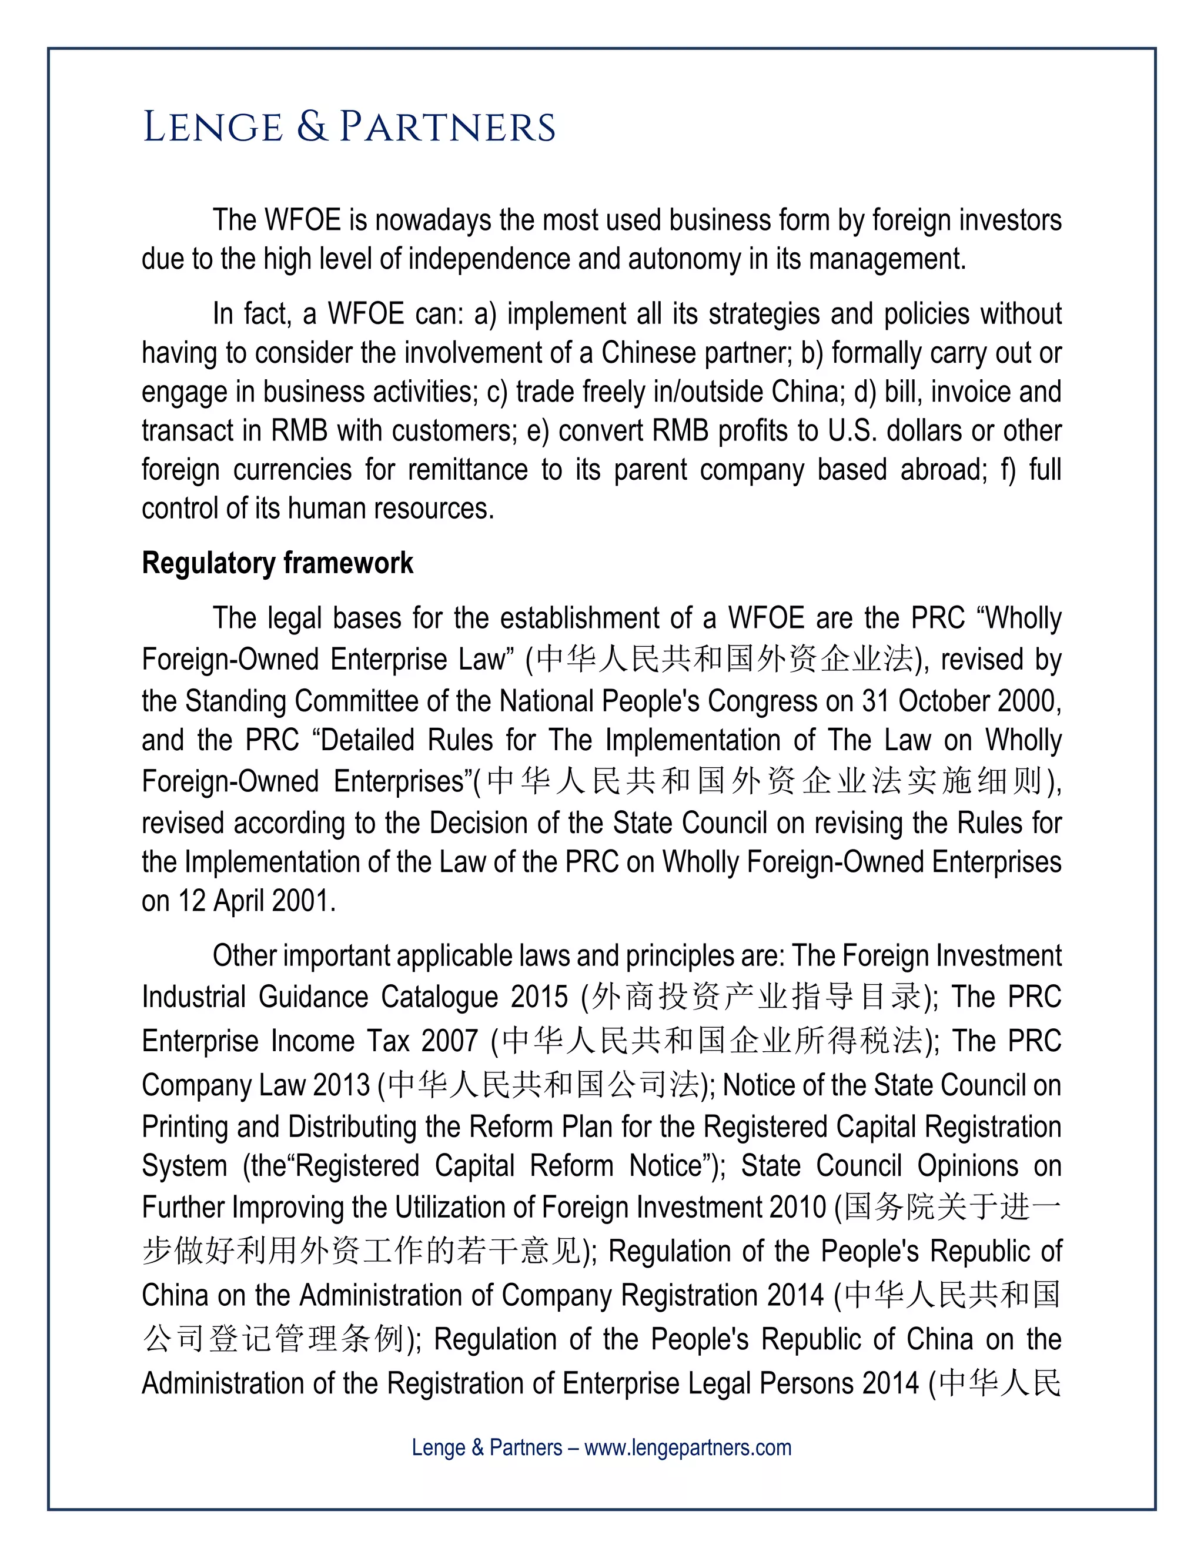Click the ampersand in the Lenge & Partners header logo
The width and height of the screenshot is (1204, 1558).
(x=311, y=127)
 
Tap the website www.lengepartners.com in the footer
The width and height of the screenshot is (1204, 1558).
(x=688, y=1447)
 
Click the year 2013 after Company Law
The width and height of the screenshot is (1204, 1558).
(x=341, y=1085)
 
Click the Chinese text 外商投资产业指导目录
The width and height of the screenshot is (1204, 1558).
(x=757, y=997)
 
